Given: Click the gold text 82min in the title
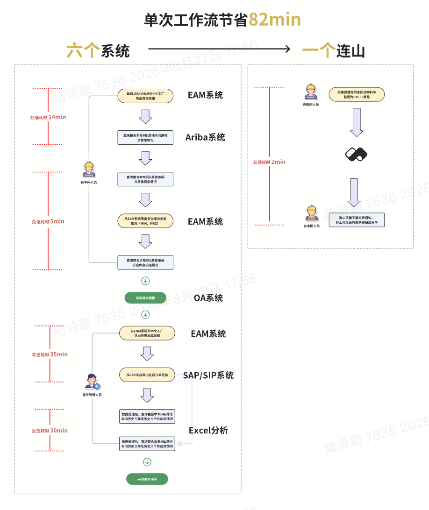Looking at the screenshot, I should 274,20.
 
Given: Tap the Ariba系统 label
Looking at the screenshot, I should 205,137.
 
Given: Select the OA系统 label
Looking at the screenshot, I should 208,297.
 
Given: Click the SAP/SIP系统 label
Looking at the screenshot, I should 208,375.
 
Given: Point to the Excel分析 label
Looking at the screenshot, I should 208,430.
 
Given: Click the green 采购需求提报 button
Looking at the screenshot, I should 145,297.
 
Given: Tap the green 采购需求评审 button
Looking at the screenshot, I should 147,479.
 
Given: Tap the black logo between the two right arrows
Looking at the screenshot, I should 356,154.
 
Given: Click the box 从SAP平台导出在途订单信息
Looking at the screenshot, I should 147,375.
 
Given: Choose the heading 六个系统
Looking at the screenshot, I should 98,51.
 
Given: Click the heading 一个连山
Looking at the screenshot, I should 333,50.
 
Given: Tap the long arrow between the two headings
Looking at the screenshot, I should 220,49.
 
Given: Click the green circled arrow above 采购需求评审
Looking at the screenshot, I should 147,462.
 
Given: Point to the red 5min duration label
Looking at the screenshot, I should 48,221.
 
